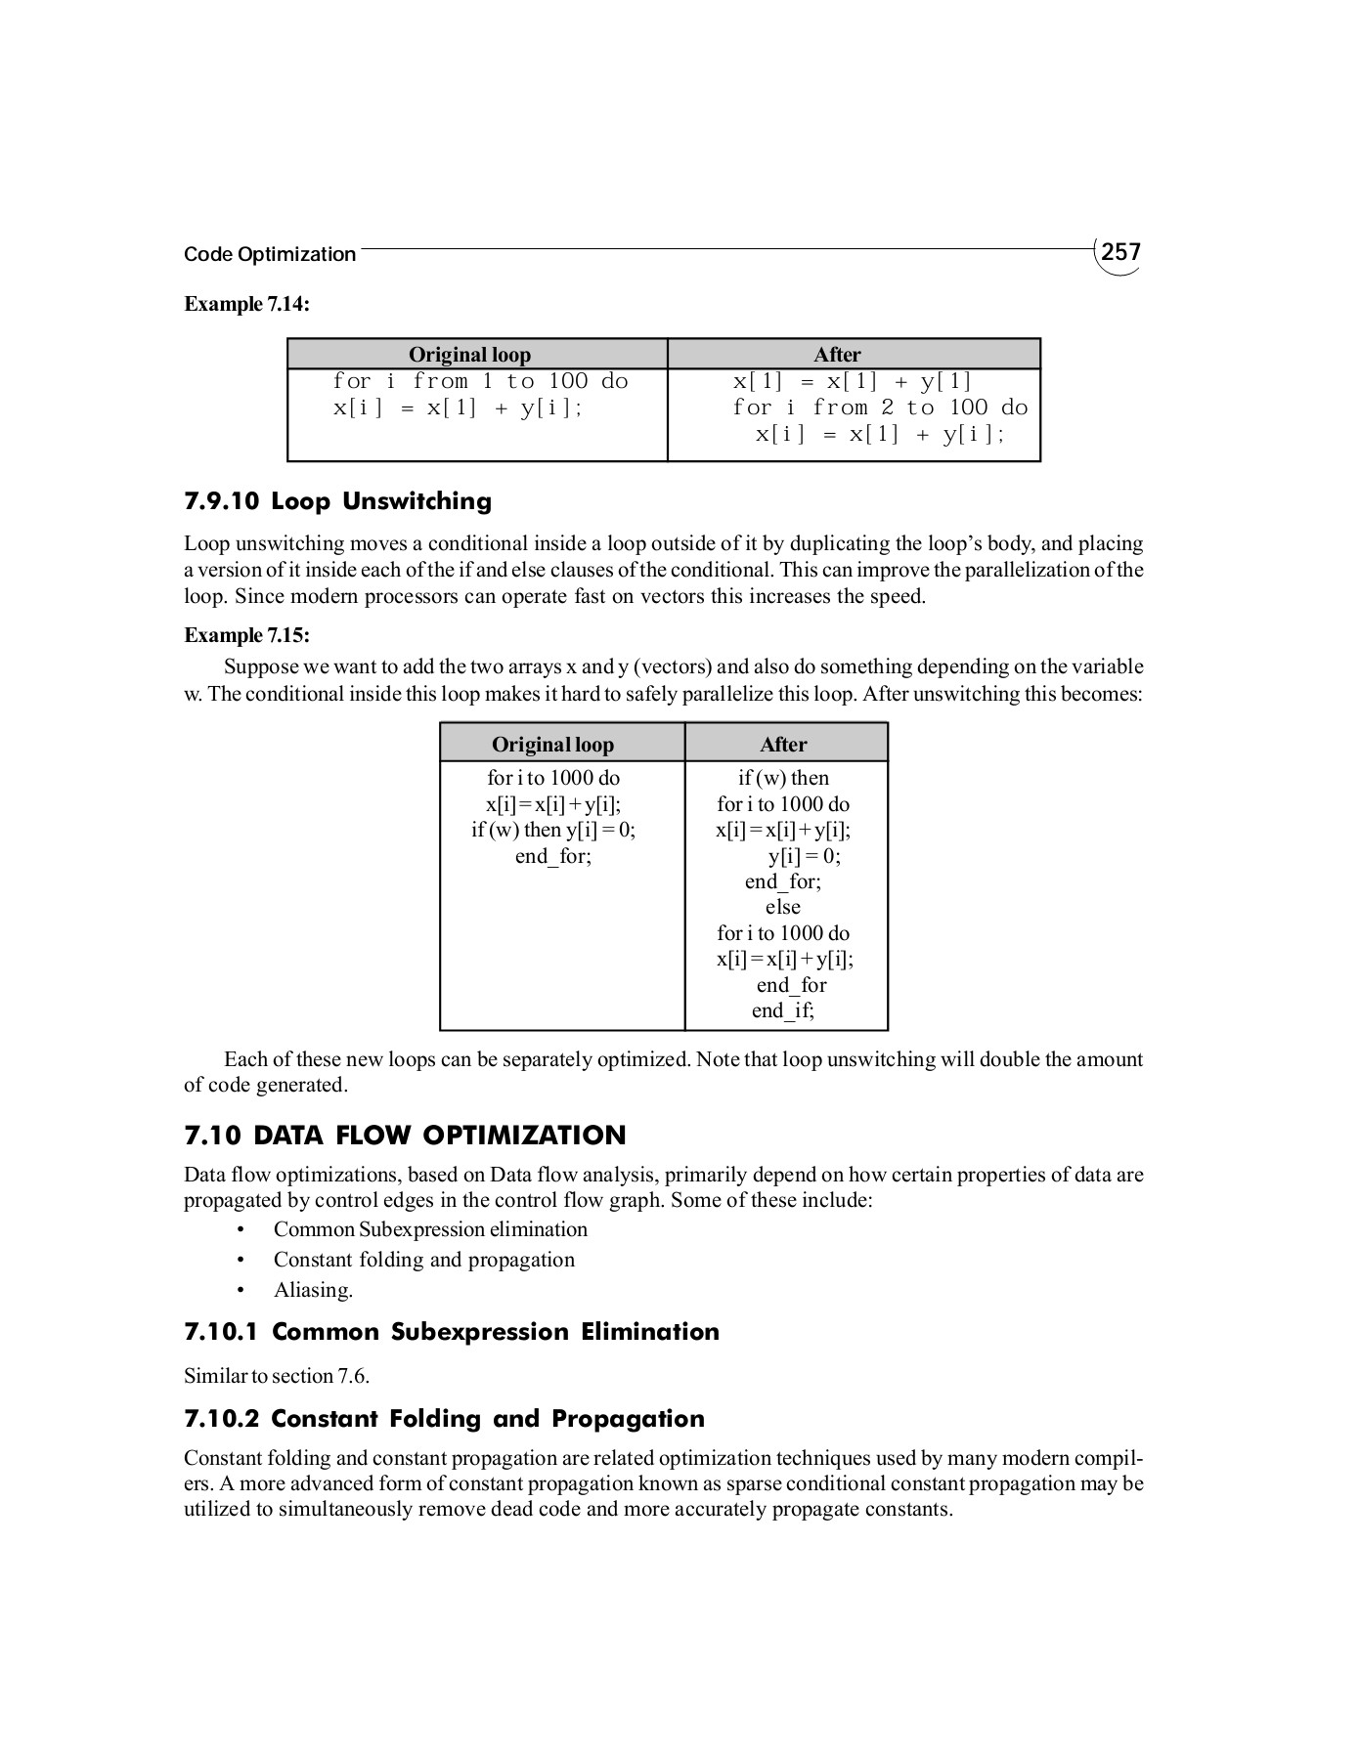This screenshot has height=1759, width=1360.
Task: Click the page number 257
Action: coord(1120,252)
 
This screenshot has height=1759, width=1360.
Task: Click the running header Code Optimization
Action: coord(270,255)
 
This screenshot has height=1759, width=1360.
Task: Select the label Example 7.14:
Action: coord(247,304)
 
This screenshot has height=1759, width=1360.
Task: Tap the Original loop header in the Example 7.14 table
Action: coord(469,355)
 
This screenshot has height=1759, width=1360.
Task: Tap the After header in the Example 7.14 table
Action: coord(837,355)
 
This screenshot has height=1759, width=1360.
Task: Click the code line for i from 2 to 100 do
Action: coord(880,408)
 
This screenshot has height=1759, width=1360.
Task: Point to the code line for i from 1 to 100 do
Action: coord(480,381)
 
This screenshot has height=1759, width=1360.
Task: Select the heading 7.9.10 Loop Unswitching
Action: coord(337,501)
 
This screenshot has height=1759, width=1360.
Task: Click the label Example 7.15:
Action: coord(247,635)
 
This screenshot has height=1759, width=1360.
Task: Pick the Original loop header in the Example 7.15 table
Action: coord(552,745)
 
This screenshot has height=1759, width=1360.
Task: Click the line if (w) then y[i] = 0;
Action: coord(553,830)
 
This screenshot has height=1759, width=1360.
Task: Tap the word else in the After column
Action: coord(783,907)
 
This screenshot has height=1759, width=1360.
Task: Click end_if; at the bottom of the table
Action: coord(783,1010)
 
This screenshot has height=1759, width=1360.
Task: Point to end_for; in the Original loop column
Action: coord(553,856)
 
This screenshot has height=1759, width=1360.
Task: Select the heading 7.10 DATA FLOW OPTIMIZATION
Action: coord(405,1136)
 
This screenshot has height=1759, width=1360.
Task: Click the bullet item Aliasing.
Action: coord(313,1290)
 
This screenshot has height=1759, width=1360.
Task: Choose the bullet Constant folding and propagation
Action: coord(423,1260)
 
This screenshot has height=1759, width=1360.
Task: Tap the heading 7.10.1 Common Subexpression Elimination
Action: coord(451,1332)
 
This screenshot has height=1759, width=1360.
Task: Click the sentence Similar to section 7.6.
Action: coord(277,1376)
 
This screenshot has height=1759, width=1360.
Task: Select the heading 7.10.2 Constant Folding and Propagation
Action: coord(444,1419)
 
